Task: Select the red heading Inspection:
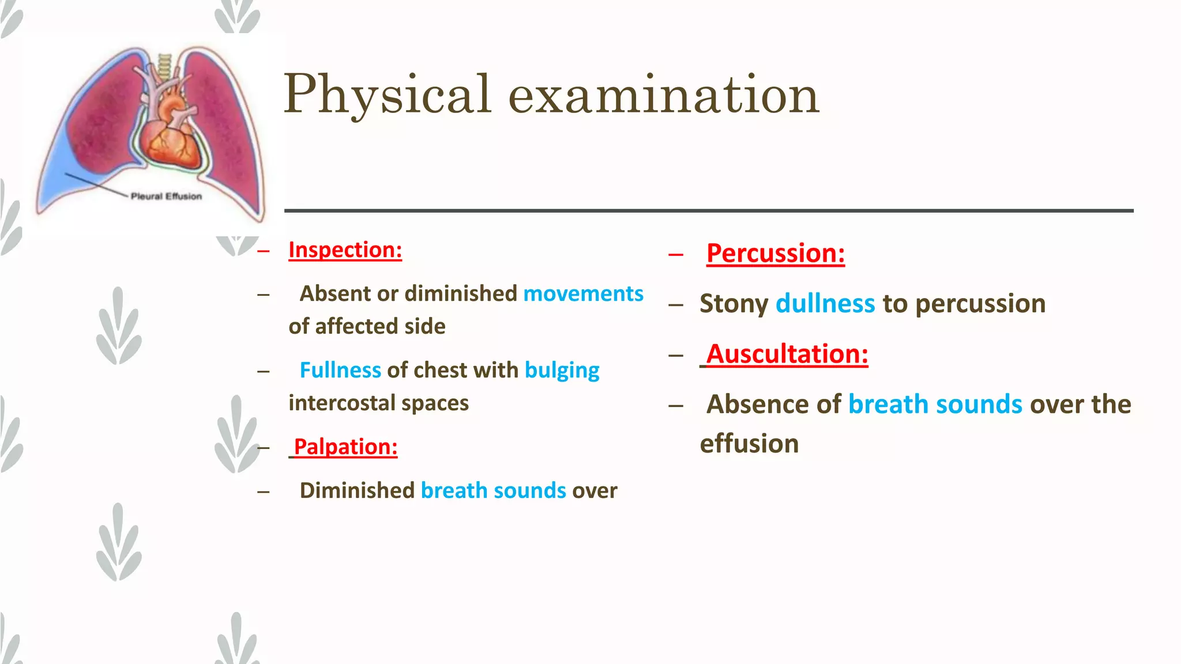click(x=345, y=250)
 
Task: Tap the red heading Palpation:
click(x=345, y=447)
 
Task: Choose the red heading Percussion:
click(x=775, y=254)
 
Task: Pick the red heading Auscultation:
click(x=787, y=354)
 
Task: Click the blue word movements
click(x=583, y=294)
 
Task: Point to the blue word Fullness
click(x=340, y=371)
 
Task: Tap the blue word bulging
click(x=562, y=371)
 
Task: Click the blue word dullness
click(x=825, y=304)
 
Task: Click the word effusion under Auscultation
click(x=749, y=444)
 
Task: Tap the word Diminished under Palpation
click(x=356, y=491)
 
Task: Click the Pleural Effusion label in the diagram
click(x=166, y=197)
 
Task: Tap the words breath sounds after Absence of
click(x=935, y=405)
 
